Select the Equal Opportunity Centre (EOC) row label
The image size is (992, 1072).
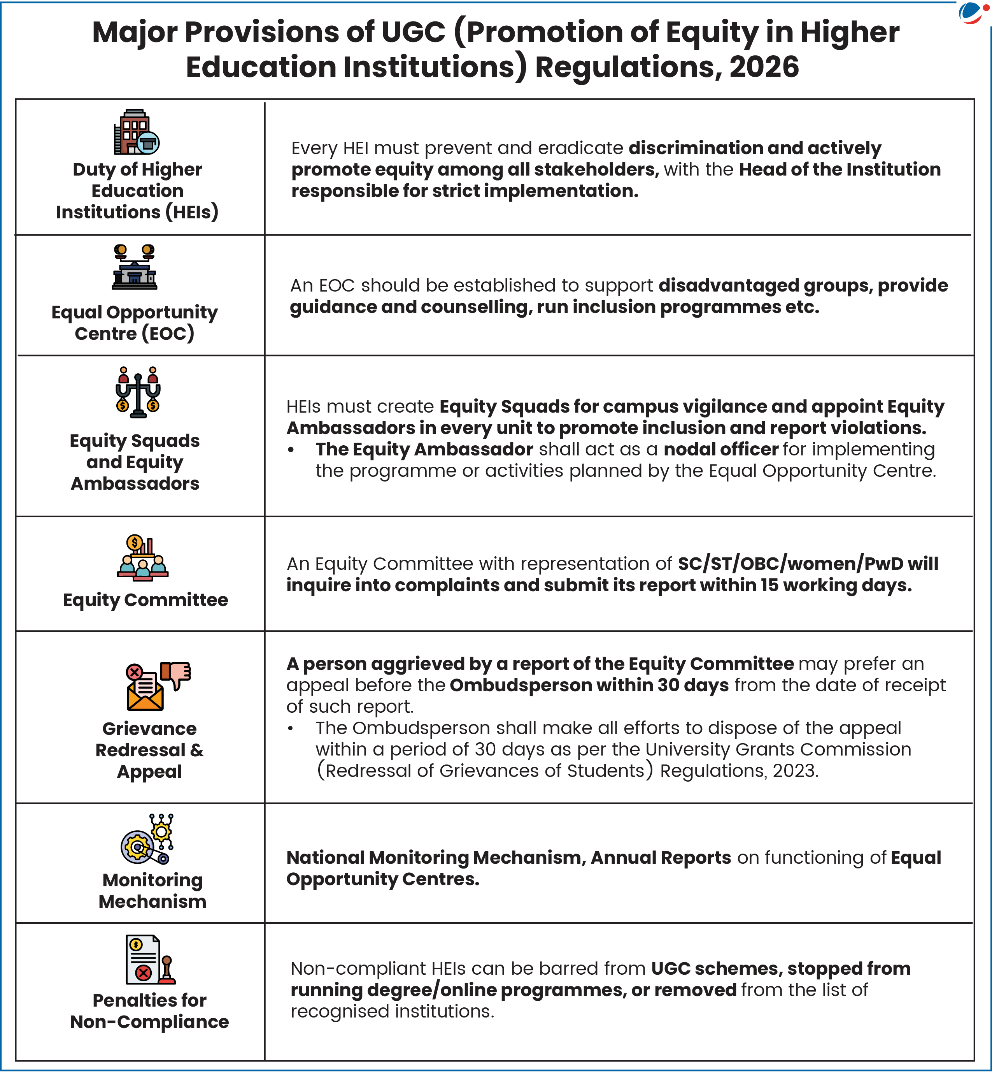pyautogui.click(x=135, y=323)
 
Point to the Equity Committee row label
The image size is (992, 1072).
pyautogui.click(x=145, y=600)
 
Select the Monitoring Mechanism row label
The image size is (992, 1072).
pyautogui.click(x=152, y=891)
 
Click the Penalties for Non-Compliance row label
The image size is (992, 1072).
pyautogui.click(x=150, y=1011)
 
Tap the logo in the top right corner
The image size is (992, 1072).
pyautogui.click(x=972, y=13)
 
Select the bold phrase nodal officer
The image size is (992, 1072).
pyautogui.click(x=721, y=449)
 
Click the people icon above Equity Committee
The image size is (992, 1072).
pyautogui.click(x=143, y=559)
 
